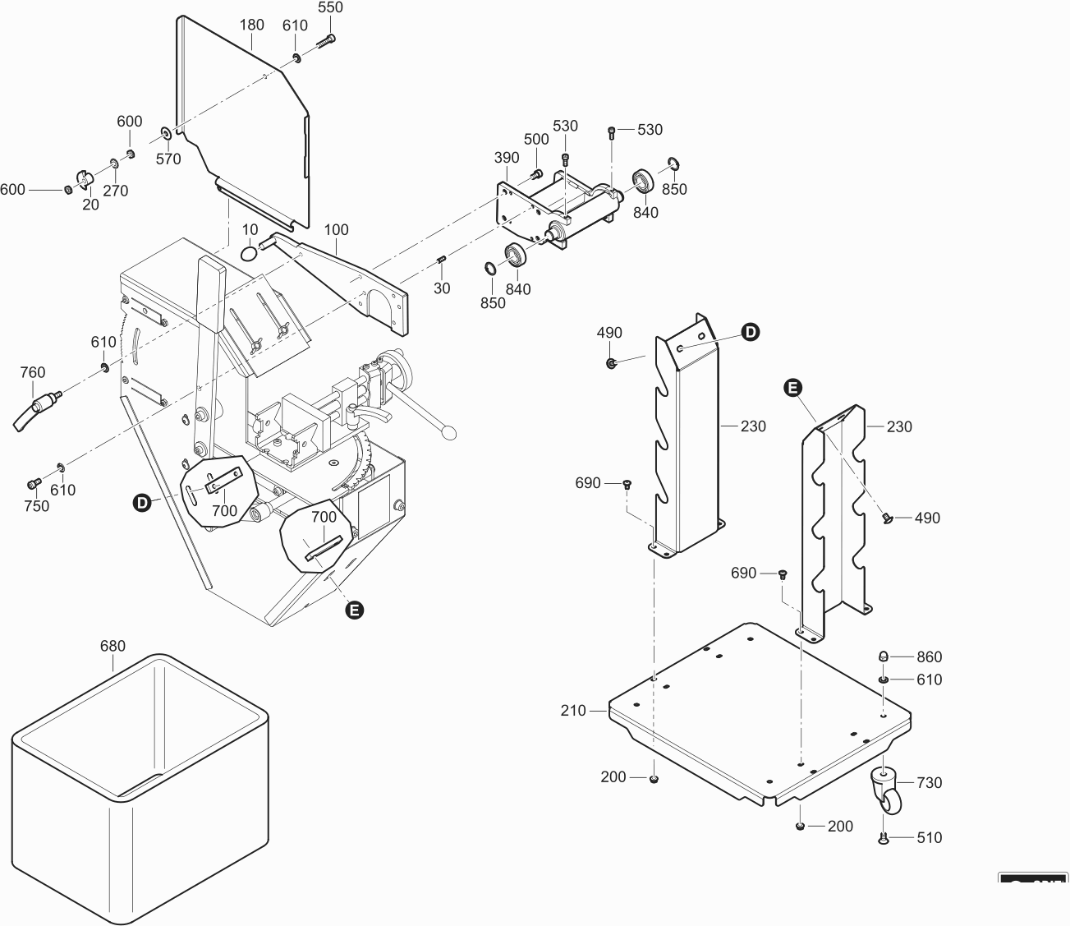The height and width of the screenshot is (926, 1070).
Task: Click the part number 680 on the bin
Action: click(113, 646)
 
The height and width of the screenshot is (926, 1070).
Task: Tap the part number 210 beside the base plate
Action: click(572, 711)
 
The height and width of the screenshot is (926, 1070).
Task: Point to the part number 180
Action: click(251, 25)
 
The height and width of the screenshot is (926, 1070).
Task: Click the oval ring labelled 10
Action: click(249, 253)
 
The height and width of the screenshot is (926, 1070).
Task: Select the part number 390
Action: click(507, 158)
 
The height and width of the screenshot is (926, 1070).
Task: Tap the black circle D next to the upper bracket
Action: click(751, 332)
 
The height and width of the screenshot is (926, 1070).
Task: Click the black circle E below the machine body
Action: click(354, 610)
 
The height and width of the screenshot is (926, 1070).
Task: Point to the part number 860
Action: click(930, 656)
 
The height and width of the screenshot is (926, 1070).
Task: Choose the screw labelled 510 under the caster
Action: click(884, 838)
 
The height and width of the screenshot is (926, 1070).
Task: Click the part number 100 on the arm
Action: click(336, 229)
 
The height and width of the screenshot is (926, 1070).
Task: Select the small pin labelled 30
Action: click(441, 260)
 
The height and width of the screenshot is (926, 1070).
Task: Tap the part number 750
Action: click(36, 506)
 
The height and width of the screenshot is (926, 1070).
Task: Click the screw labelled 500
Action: click(537, 173)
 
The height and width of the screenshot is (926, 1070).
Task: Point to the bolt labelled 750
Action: click(34, 482)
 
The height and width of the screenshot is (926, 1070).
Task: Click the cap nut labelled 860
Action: click(883, 656)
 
